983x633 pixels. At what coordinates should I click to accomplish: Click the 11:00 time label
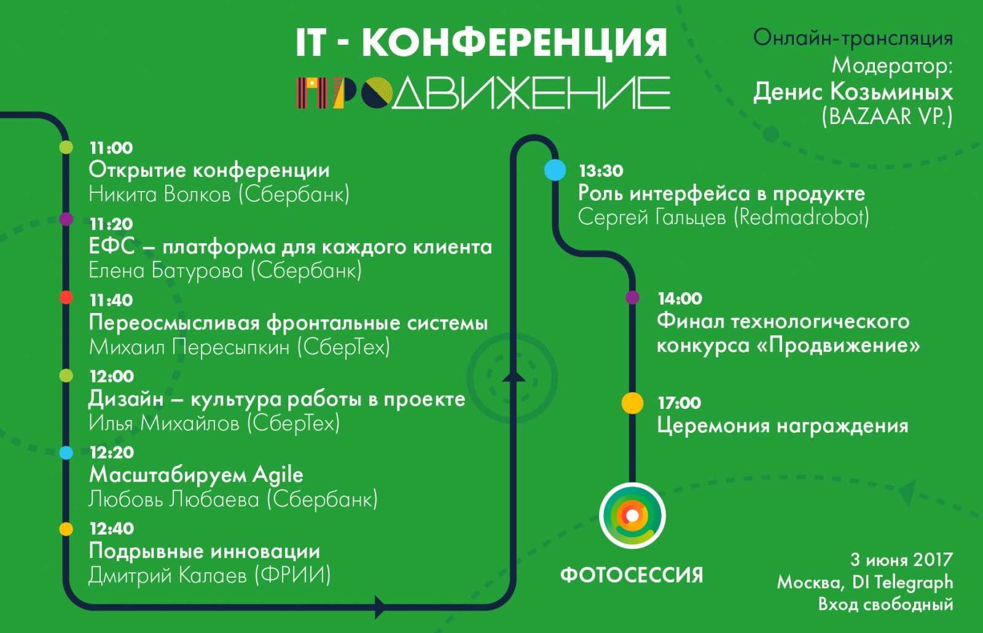click(111, 148)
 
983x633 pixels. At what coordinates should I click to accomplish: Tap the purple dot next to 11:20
click(66, 219)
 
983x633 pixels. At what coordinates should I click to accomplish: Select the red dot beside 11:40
click(66, 298)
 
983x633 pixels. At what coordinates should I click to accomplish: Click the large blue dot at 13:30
click(555, 170)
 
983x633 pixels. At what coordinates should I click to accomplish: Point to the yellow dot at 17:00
click(632, 403)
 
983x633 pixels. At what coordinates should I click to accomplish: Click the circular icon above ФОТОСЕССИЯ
click(632, 516)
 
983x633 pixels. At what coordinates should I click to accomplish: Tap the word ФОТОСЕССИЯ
click(632, 575)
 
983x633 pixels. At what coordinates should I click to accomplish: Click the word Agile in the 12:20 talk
click(278, 475)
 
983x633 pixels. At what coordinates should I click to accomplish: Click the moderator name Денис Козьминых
click(853, 92)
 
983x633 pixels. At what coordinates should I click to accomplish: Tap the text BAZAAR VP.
click(887, 116)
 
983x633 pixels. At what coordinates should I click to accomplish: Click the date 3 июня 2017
click(901, 560)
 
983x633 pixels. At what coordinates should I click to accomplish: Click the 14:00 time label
click(679, 299)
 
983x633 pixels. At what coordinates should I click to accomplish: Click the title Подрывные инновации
click(205, 551)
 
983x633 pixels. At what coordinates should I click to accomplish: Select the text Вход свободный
click(885, 605)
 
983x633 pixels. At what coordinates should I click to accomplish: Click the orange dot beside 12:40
click(66, 529)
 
